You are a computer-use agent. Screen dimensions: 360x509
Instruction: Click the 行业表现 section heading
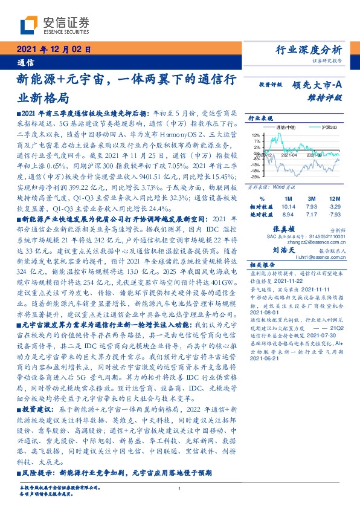(261, 119)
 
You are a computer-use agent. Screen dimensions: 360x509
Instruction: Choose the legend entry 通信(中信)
(288, 128)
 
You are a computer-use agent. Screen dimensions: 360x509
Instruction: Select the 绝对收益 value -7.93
(333, 214)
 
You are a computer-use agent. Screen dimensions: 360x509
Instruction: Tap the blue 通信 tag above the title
(25, 62)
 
